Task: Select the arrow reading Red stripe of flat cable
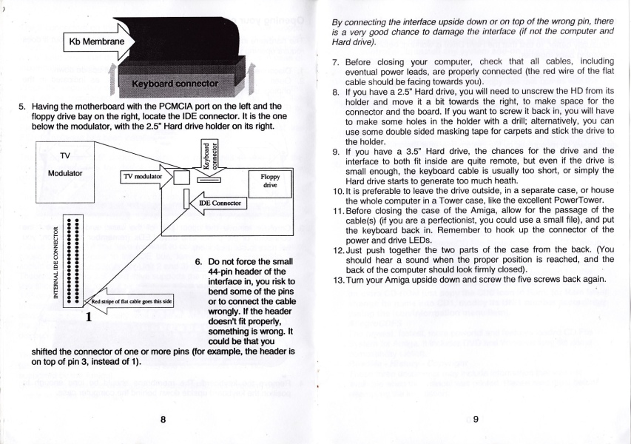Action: coord(130,301)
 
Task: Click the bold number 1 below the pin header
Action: coord(88,318)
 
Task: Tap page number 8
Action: coord(162,419)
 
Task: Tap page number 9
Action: coord(476,419)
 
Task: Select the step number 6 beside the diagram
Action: coord(198,262)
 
